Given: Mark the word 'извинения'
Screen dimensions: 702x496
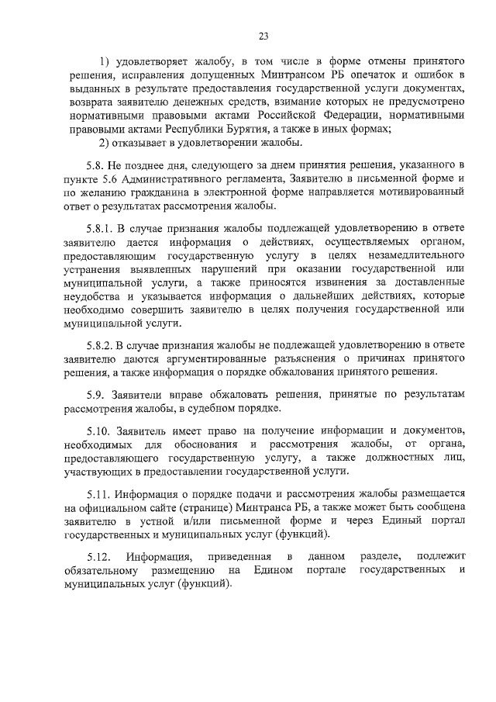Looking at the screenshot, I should click(x=356, y=282).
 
